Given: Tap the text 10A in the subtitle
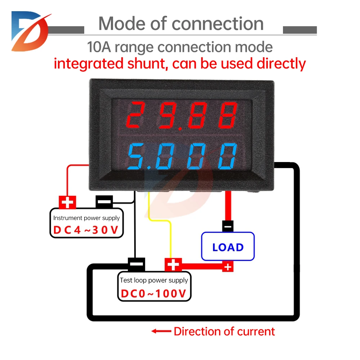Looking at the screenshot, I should pyautogui.click(x=98, y=47).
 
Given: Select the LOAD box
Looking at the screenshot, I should pyautogui.click(x=228, y=247).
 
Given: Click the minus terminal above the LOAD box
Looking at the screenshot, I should pyautogui.click(x=228, y=226).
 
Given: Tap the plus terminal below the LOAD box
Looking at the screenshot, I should pyautogui.click(x=228, y=267).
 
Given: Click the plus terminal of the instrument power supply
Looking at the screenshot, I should pyautogui.click(x=67, y=202).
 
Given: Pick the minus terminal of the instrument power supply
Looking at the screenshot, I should pyautogui.click(x=104, y=202).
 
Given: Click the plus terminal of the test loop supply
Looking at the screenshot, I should pyautogui.click(x=173, y=265).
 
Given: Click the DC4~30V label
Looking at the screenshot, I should pyautogui.click(x=86, y=230).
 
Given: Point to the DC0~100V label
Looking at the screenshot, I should pyautogui.click(x=154, y=293).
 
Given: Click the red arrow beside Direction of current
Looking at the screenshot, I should pyautogui.click(x=160, y=331).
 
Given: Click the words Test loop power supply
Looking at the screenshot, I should pyautogui.click(x=154, y=280).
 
